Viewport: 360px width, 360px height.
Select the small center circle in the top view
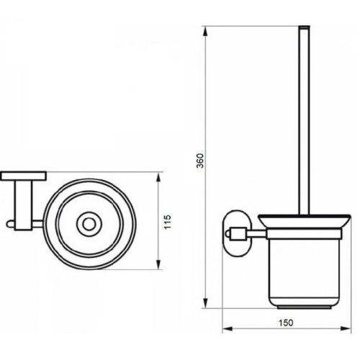(x=89, y=225)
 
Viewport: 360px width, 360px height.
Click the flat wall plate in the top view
(x=23, y=175)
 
